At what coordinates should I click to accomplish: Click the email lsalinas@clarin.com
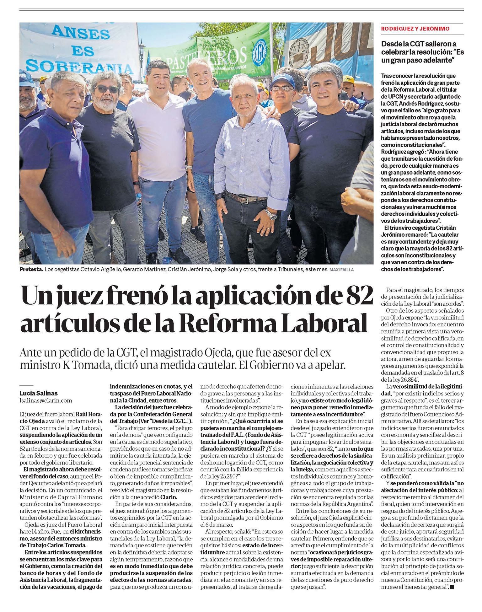click(x=46, y=400)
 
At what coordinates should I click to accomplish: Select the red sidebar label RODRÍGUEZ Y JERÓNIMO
click(x=415, y=29)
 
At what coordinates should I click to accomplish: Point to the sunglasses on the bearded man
click(x=106, y=89)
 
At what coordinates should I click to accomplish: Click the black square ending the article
click(x=452, y=587)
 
